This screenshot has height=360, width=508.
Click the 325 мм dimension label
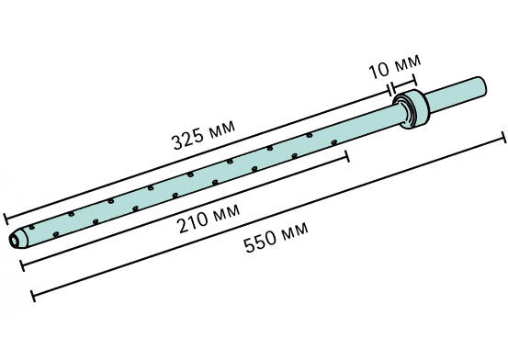pos(204,135)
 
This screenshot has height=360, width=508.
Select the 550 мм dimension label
pos(276,237)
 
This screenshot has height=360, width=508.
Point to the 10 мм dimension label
pos(395,67)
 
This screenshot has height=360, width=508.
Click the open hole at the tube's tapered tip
pos(15,241)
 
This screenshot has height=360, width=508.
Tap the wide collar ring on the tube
pos(412,108)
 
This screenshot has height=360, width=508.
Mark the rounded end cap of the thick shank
pos(480,86)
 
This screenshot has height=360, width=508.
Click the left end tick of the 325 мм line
pos(6,219)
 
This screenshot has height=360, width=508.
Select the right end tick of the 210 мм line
pos(347,156)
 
